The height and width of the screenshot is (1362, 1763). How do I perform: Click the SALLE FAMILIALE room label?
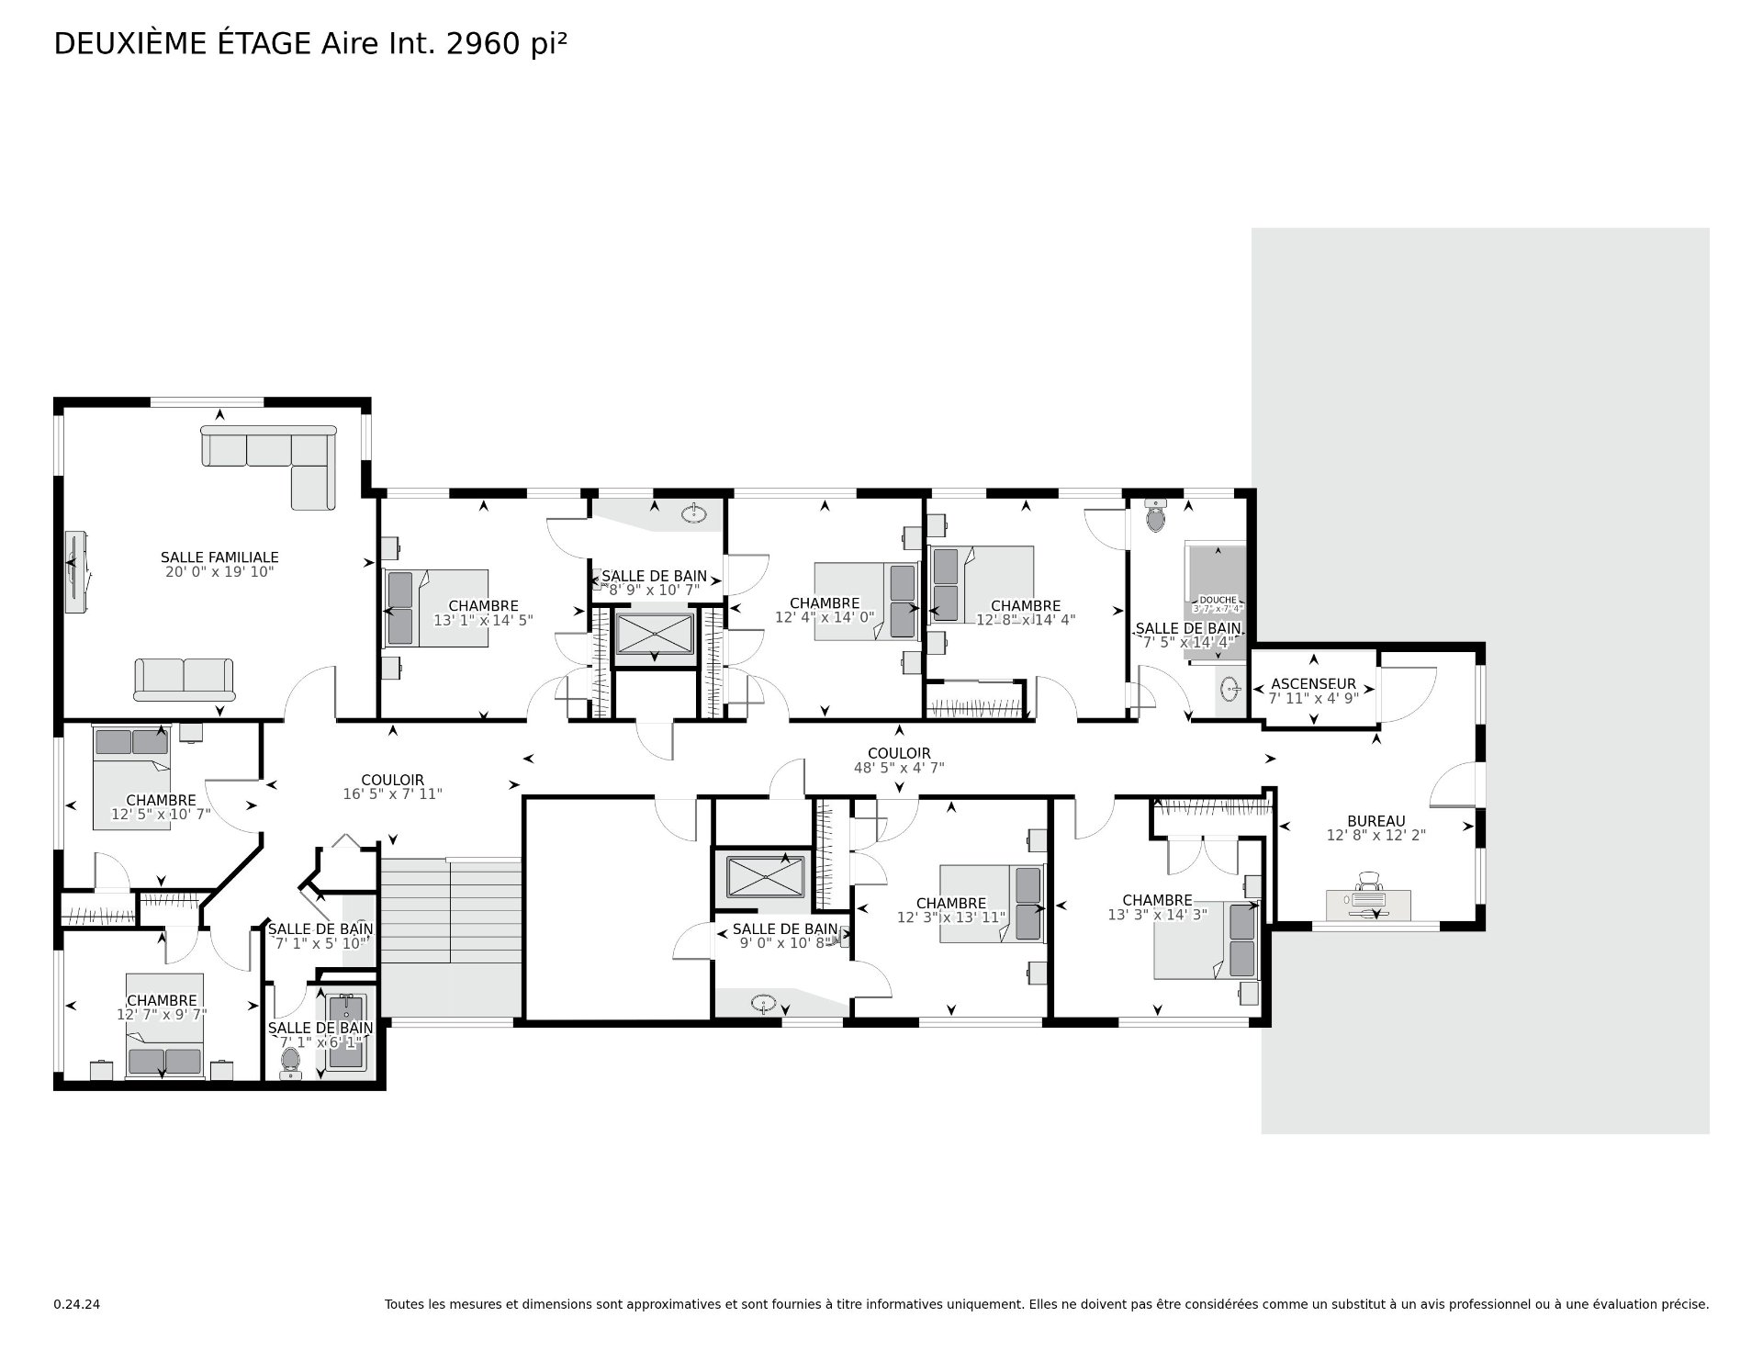click(x=219, y=557)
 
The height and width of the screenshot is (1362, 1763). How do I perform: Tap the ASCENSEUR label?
click(x=1313, y=684)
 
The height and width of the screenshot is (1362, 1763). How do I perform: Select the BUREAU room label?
click(x=1376, y=821)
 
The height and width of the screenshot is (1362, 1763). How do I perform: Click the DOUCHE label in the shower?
click(x=1218, y=600)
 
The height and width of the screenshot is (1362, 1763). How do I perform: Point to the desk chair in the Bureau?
click(x=1368, y=882)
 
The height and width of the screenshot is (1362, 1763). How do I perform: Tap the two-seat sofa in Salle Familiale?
click(x=184, y=679)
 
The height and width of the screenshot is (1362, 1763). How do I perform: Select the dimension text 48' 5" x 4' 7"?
click(x=899, y=768)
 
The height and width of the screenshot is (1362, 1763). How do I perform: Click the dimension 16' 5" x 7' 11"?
click(x=392, y=794)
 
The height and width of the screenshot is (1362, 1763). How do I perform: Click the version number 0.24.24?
click(x=77, y=1304)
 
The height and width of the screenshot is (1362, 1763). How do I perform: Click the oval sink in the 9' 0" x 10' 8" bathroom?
click(x=764, y=1002)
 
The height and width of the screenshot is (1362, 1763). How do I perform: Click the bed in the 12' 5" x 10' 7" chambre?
click(x=131, y=778)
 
